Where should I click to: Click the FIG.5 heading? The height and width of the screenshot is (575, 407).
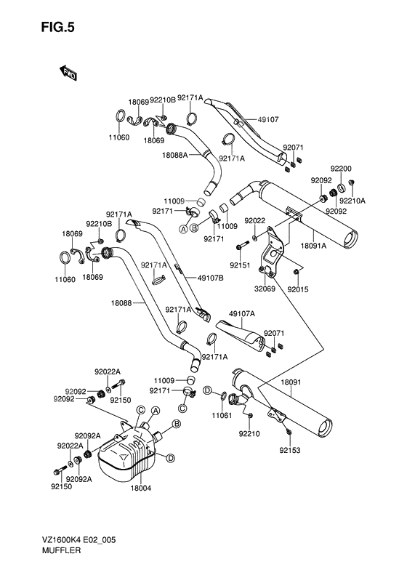57,27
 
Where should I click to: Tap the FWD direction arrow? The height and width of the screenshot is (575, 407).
68,73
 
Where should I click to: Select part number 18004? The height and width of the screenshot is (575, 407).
141,488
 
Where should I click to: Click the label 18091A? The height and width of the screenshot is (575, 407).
313,246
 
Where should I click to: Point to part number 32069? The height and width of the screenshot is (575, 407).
265,289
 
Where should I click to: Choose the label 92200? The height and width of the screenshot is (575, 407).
341,169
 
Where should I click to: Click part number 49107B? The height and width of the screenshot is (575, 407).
210,278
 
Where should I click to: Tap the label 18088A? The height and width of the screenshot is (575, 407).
174,155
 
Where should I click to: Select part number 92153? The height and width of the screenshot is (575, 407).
290,450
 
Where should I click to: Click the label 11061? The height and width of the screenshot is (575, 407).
222,416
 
